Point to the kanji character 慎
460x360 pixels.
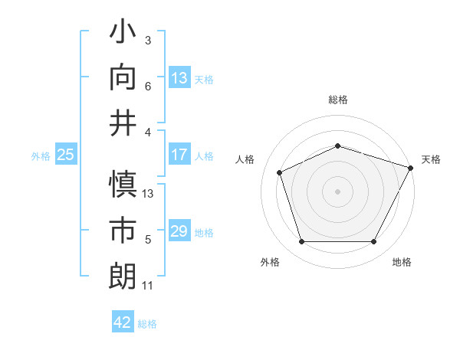(x=123, y=185)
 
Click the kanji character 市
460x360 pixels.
(x=123, y=229)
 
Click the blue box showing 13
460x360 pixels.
(x=179, y=77)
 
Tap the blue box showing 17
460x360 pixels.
(x=179, y=155)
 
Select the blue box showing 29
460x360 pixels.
(x=179, y=231)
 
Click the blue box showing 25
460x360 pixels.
(x=66, y=155)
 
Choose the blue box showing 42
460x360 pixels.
(x=123, y=322)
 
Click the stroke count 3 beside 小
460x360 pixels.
(x=147, y=40)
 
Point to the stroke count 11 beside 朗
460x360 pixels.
(x=147, y=286)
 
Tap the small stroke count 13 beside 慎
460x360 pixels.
(x=149, y=194)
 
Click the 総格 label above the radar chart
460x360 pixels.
(x=338, y=100)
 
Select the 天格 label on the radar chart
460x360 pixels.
(x=431, y=159)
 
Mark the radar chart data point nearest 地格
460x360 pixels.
(x=374, y=242)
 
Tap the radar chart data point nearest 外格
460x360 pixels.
(x=301, y=242)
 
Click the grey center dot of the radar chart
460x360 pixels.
(x=337, y=191)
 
